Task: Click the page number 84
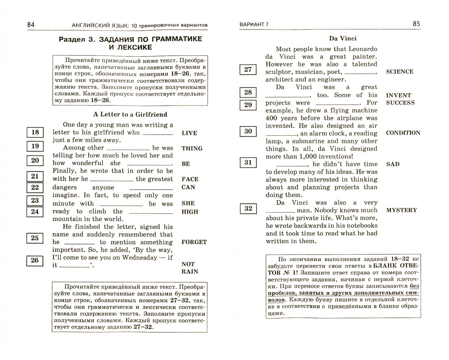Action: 31,24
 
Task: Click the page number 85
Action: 416,24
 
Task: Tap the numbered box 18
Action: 35,132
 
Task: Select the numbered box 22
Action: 35,187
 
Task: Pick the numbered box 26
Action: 35,260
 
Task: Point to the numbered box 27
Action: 248,69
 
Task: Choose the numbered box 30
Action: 248,131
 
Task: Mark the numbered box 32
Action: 248,209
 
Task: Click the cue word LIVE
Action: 189,133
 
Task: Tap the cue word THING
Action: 192,148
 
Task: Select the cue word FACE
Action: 190,179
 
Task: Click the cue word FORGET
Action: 194,242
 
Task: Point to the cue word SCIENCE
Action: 399,72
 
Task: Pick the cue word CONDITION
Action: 403,133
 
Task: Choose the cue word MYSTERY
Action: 401,210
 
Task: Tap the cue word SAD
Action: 393,164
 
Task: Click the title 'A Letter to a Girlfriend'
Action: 130,114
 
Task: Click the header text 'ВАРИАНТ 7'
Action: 254,24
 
